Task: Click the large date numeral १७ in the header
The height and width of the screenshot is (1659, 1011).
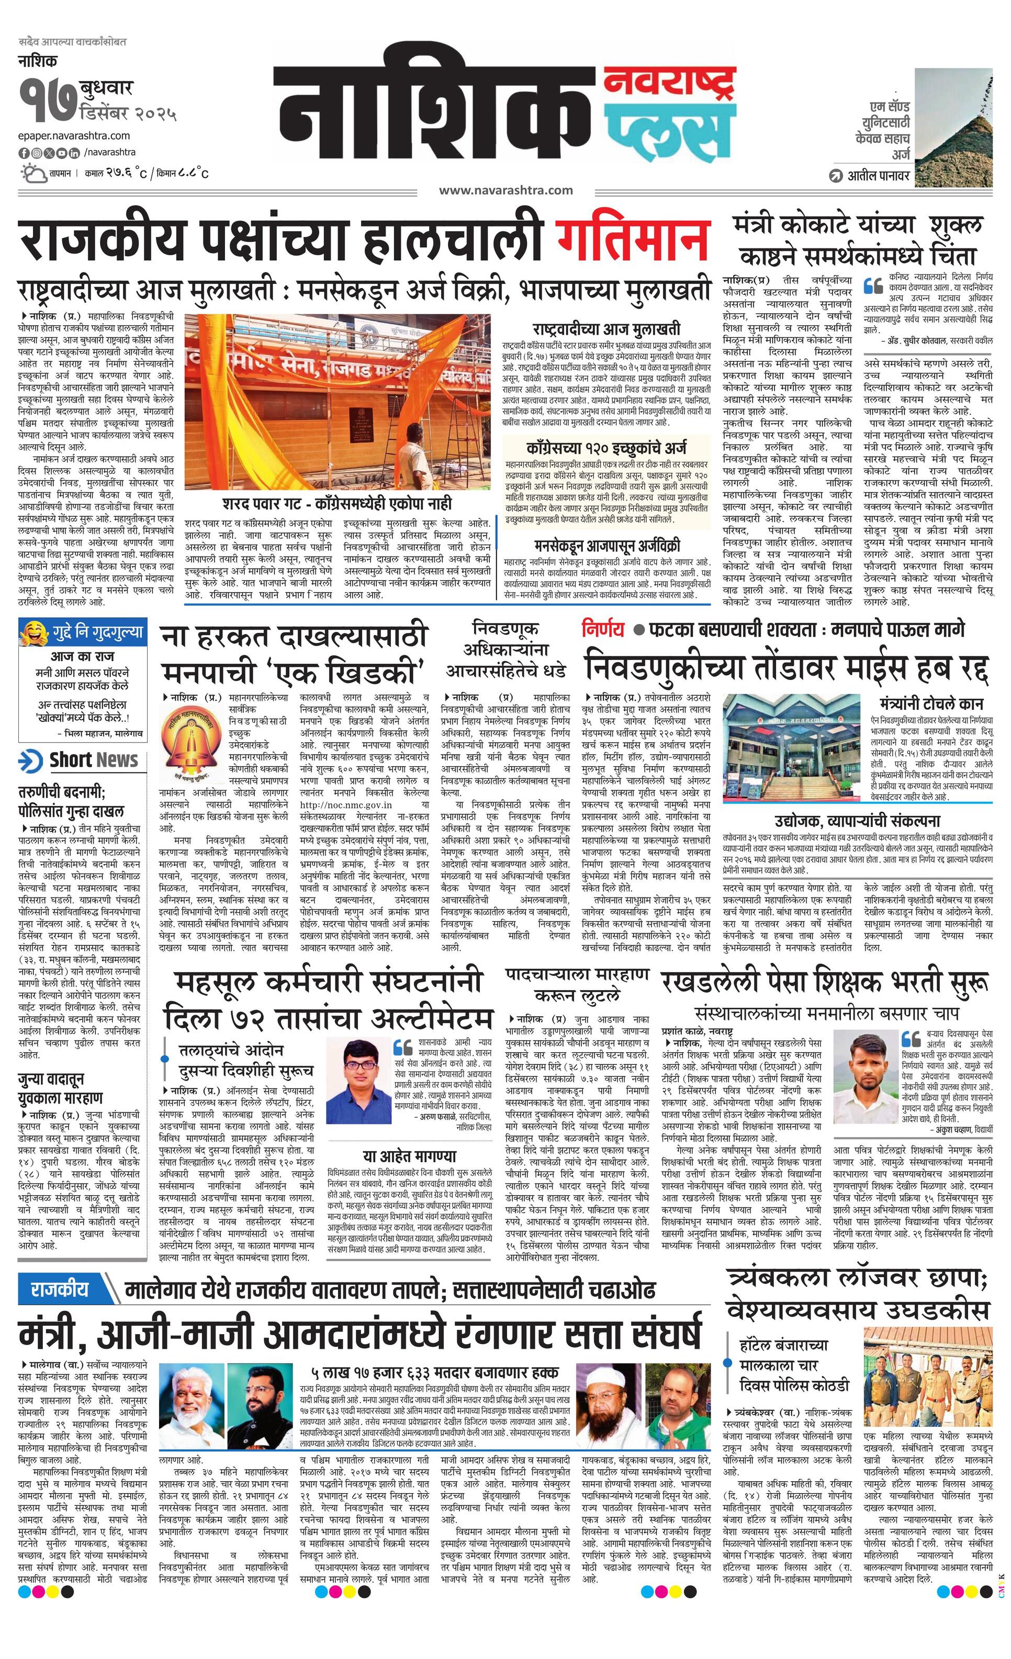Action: click(x=47, y=99)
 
